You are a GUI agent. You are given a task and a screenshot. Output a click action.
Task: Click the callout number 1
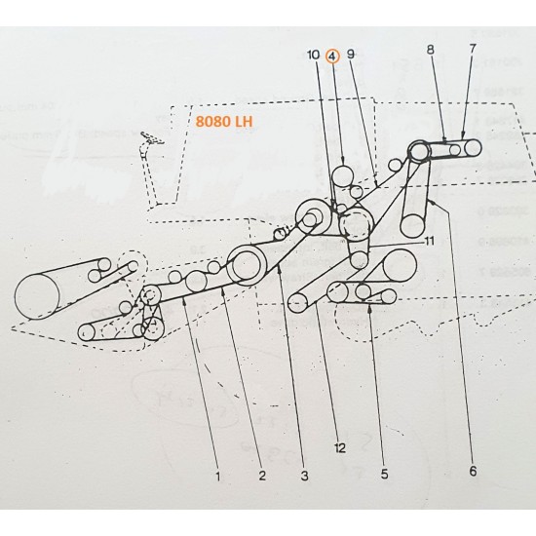coord(217,477)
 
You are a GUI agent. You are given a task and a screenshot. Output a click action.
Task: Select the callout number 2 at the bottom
coord(262,477)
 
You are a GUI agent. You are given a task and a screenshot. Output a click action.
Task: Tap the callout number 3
coord(304,477)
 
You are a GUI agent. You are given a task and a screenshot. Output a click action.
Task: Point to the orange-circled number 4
coord(333,57)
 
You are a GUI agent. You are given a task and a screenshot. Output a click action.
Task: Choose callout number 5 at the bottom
coord(384,475)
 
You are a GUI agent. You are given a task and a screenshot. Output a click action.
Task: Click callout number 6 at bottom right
coord(473,472)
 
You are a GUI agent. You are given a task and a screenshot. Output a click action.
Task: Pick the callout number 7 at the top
coord(473,48)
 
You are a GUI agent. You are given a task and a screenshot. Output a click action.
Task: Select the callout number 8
coord(429,48)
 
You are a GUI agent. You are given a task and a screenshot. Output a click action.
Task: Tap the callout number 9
coord(351,57)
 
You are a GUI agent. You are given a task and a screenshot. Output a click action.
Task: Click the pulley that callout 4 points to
coord(344,176)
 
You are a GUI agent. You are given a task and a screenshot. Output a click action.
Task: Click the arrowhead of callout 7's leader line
coord(463,140)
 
